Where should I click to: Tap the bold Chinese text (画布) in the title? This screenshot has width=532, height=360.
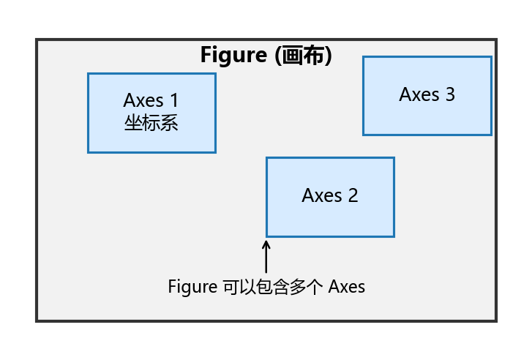(x=304, y=56)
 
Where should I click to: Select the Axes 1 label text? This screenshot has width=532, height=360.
(x=151, y=100)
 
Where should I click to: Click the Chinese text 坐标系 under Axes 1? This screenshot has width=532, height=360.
(x=151, y=122)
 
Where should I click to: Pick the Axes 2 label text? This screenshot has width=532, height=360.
(x=330, y=195)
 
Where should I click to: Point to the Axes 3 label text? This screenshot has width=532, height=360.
(x=427, y=94)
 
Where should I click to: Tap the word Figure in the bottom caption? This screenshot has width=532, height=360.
(x=192, y=286)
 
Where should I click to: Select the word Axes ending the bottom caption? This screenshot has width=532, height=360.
(x=346, y=286)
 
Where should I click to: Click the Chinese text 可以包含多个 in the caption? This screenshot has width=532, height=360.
(x=272, y=286)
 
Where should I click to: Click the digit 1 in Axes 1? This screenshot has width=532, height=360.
(x=173, y=100)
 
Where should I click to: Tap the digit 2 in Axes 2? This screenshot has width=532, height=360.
(x=353, y=195)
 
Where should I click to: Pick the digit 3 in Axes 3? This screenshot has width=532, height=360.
(x=449, y=94)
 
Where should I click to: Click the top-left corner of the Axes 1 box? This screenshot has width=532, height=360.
(x=89, y=74)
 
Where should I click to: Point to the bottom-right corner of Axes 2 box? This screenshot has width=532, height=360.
(x=394, y=236)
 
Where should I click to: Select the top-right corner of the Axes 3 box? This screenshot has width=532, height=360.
(x=490, y=57)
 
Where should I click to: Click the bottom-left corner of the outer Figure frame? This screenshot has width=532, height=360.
(x=37, y=320)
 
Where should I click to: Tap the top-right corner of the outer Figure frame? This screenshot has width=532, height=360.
(x=495, y=40)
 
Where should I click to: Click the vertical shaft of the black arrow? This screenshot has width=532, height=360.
(x=266, y=260)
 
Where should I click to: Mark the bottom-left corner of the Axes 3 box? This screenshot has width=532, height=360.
(x=364, y=134)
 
